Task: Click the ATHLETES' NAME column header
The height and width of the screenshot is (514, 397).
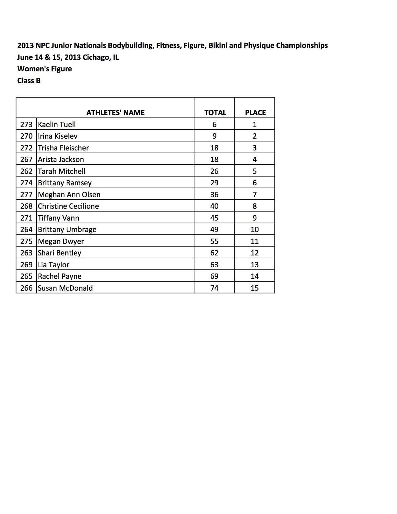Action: pos(115,112)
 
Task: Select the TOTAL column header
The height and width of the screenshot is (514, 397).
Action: pos(215,112)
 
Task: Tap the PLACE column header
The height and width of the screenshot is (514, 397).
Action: pos(255,112)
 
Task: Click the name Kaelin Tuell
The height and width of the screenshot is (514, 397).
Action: pos(57,124)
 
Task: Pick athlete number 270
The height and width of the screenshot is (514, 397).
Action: pos(26,136)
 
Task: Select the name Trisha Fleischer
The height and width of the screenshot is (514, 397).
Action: pos(63,148)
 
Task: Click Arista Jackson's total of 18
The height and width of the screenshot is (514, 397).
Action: pos(214,159)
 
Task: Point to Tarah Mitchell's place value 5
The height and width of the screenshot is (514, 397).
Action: pos(255,171)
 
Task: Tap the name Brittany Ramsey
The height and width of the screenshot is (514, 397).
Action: pos(65,183)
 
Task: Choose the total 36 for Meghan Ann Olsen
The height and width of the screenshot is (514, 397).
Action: pos(214,194)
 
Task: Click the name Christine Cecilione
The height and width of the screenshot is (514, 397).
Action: pos(68,206)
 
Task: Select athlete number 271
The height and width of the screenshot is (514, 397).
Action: pos(26,218)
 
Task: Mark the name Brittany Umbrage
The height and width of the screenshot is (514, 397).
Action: pos(67,229)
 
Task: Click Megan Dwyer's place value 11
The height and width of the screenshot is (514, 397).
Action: pos(255,241)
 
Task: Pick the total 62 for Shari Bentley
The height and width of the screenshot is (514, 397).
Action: pos(214,253)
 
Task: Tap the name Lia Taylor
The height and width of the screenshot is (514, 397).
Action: pos(54,264)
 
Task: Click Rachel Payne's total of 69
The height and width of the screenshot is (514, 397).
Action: pos(214,276)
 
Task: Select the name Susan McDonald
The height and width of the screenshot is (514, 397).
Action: pos(65,288)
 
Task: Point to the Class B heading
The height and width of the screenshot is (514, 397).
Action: pos(29,81)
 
